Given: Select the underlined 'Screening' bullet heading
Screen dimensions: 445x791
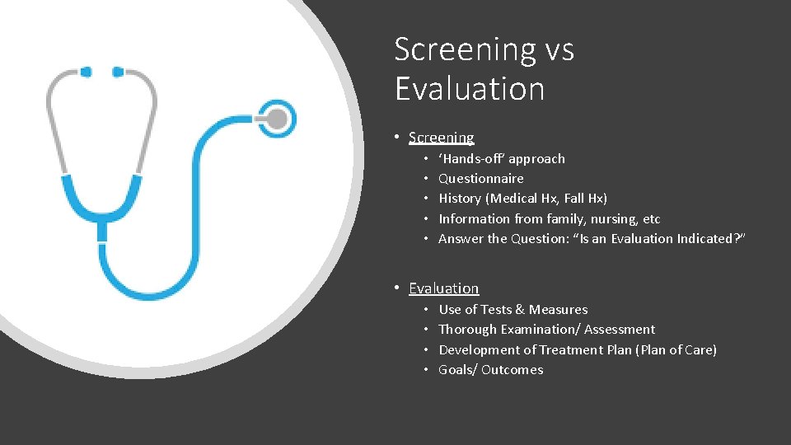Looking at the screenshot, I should click(442, 138).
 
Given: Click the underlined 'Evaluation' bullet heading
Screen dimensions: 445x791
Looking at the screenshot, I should click(443, 288).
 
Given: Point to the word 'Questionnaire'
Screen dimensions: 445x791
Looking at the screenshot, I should click(480, 179).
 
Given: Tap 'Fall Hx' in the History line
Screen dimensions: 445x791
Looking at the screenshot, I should click(582, 199).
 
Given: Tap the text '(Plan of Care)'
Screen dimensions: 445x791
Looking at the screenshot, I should click(676, 350).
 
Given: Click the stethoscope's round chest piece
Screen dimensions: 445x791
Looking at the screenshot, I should click(277, 119).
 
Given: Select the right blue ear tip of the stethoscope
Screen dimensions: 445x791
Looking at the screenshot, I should click(118, 72).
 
